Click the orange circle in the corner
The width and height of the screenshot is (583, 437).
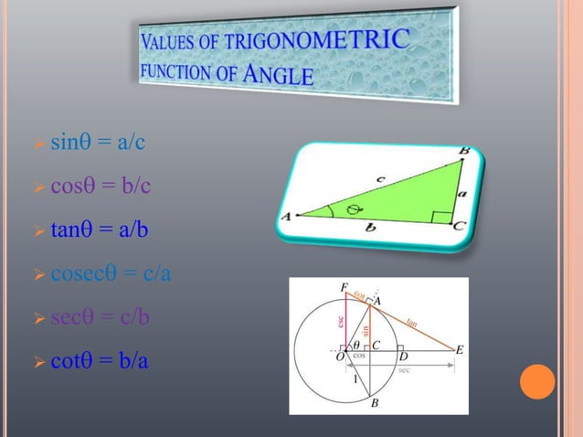tap(537, 381)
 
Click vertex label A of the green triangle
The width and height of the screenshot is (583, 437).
tap(285, 217)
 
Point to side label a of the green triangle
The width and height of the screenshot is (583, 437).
tap(461, 193)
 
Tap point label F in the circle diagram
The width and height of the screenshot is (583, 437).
tap(344, 287)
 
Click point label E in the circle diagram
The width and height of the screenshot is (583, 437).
tap(459, 350)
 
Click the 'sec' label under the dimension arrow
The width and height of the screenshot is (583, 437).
tap(403, 370)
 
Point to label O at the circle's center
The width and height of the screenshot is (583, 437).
tap(340, 357)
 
